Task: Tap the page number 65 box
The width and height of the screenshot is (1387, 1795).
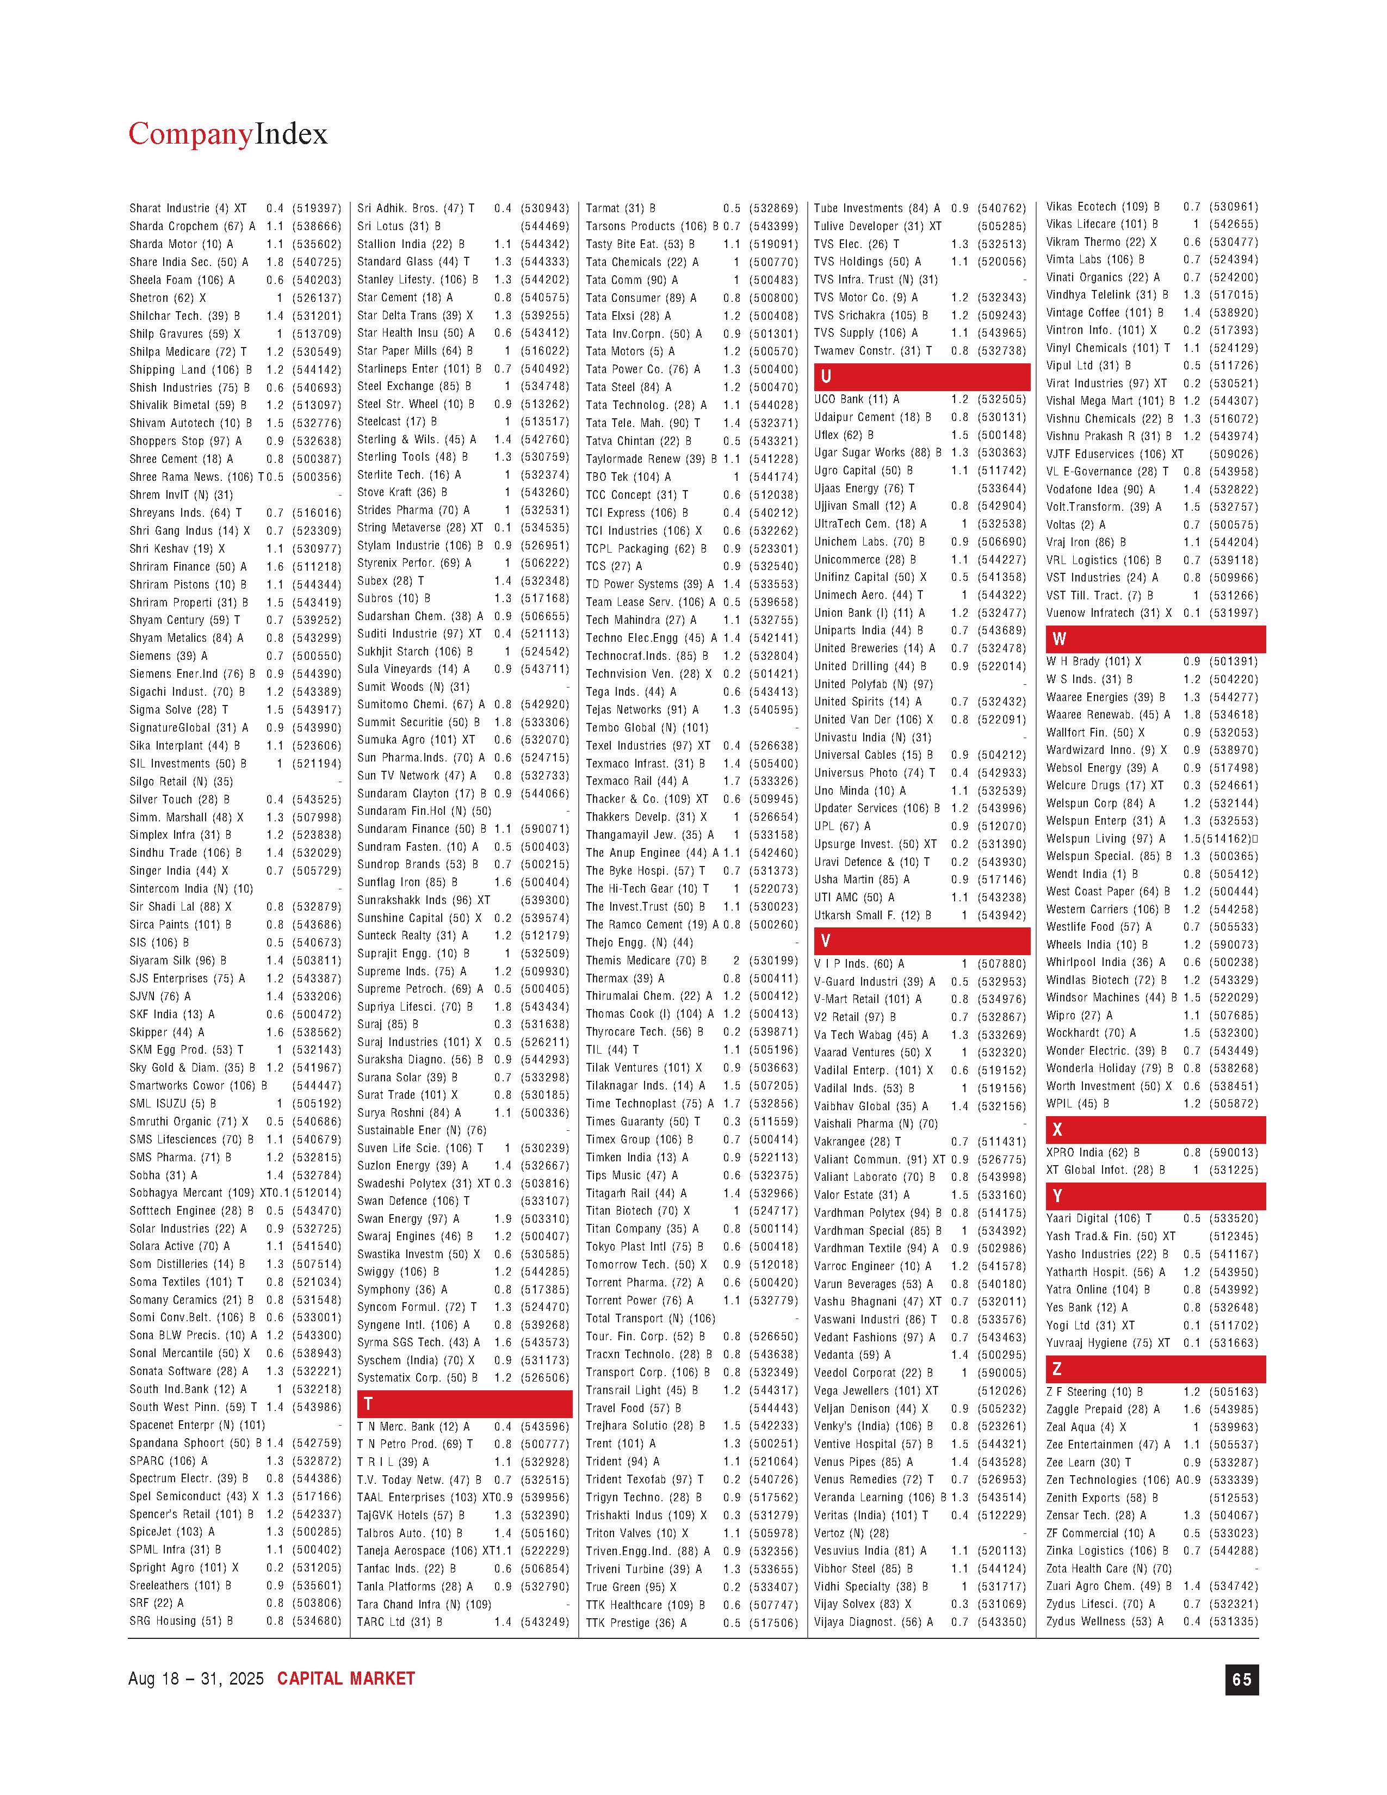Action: (1241, 1679)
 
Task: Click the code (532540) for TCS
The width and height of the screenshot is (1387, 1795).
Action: (773, 566)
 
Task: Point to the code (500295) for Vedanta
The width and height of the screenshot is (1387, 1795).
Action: (1001, 1354)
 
